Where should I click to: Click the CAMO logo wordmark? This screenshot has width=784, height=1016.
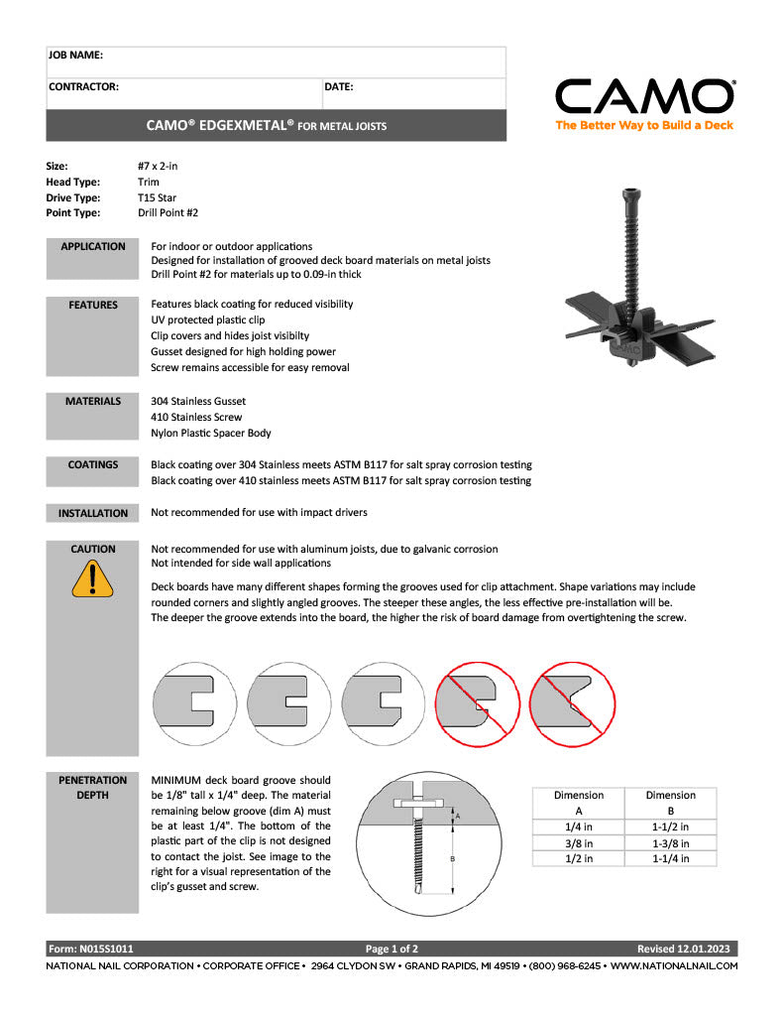[x=644, y=97]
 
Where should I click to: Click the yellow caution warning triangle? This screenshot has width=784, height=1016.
[x=92, y=578]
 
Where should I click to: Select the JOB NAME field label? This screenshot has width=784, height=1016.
[x=75, y=56]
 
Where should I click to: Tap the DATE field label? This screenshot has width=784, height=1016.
[x=339, y=87]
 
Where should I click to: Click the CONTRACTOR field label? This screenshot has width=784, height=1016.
[x=83, y=87]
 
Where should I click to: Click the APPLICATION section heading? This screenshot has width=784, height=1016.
[x=92, y=246]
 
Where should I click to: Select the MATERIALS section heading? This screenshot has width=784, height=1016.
[x=92, y=401]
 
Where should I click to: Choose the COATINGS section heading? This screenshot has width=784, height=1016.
[x=92, y=464]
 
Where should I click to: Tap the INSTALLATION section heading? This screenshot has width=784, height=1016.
[x=92, y=513]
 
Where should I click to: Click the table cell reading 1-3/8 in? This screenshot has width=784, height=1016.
[x=670, y=843]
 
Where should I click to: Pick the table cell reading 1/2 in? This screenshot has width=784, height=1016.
[x=578, y=859]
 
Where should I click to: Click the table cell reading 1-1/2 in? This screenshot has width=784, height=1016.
[x=670, y=826]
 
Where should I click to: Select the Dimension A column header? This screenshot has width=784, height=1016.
[x=578, y=802]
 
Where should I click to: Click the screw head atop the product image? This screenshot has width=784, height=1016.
[x=631, y=194]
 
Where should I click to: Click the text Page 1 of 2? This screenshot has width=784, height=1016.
[x=392, y=949]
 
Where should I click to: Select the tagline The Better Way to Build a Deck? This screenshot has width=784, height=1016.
[x=644, y=126]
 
